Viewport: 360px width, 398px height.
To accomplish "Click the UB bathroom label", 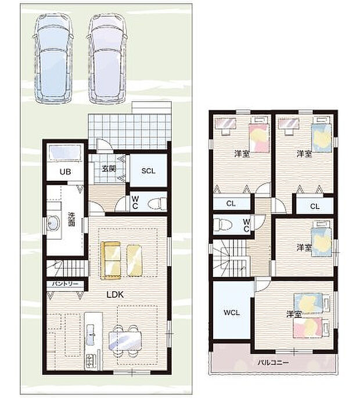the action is point(65,172).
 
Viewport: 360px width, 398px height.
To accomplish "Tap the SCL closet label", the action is point(149,171).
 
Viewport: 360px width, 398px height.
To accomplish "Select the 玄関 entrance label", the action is point(109,168).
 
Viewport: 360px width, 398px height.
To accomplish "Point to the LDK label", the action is point(115,295).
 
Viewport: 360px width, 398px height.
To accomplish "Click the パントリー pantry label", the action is point(65,284).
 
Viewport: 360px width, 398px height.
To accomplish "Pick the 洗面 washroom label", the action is point(71,219).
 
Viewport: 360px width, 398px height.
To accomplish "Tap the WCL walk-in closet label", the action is point(232,313).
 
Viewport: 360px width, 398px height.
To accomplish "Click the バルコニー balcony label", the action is point(273,363).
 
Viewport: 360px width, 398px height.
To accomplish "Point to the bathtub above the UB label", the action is point(66,153).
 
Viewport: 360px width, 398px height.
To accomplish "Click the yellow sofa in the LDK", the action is point(111,261).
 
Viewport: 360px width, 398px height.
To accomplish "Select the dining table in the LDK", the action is point(125,341).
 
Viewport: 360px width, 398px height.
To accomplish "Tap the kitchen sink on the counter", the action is point(91,335).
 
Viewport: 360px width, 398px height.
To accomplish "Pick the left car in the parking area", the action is point(53,58).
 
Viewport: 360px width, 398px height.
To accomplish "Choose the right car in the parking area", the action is point(107,58).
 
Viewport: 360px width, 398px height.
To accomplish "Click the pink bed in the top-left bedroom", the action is point(258,138).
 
